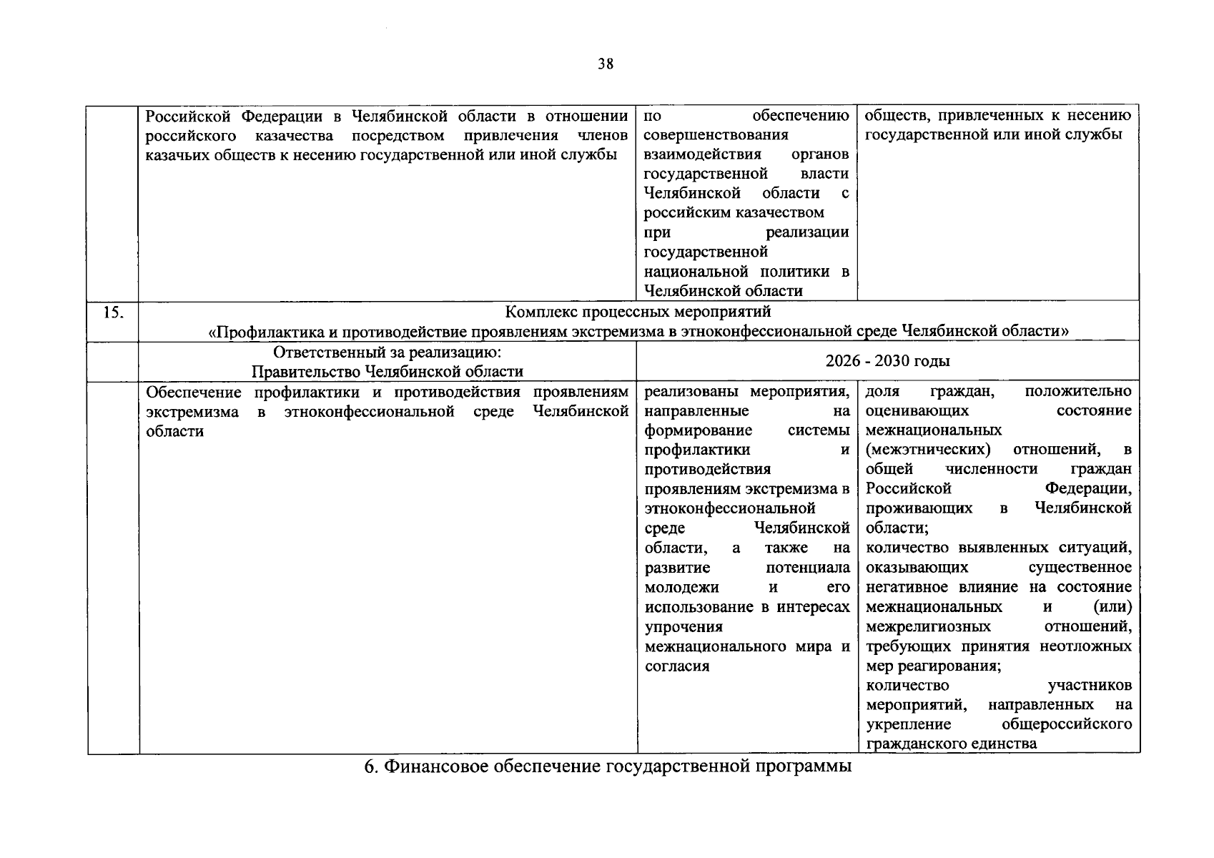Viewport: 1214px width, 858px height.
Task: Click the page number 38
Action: tap(605, 64)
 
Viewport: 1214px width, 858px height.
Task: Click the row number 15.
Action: tap(112, 312)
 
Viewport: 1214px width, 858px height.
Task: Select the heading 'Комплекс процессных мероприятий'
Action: tap(638, 312)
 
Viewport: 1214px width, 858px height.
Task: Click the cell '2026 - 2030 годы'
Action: tap(887, 361)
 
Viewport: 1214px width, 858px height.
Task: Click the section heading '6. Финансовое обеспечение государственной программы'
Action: tap(608, 766)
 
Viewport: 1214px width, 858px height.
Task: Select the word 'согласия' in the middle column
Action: tap(676, 666)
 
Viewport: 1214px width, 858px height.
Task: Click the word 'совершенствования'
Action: tap(716, 135)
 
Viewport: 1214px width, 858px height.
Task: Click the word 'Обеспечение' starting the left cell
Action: tap(194, 392)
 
